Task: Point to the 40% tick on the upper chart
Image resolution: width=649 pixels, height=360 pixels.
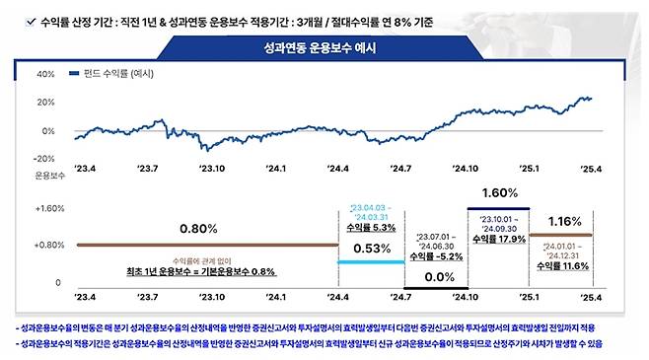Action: point(45,74)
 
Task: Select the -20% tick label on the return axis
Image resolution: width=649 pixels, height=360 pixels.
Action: point(44,159)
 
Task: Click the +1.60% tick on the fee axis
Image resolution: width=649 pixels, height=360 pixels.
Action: point(49,209)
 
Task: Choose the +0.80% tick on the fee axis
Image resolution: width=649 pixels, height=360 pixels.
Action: point(49,245)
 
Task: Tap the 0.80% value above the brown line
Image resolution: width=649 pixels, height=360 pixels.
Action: point(199,229)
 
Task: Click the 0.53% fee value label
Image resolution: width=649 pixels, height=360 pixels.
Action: point(371,248)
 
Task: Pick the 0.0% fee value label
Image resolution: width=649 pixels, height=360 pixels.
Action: point(435,277)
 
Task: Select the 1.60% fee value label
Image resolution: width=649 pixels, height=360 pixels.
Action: point(500,191)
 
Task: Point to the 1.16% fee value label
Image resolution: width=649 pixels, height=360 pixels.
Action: point(563,220)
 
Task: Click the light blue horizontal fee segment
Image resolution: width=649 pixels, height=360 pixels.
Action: point(371,261)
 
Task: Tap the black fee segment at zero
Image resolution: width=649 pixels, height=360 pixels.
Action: point(435,288)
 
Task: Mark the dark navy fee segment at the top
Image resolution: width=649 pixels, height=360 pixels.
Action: point(499,208)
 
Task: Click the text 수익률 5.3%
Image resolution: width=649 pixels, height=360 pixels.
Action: point(371,227)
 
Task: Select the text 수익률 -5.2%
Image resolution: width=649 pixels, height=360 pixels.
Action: point(435,255)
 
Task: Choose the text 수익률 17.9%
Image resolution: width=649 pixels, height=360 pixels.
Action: point(499,238)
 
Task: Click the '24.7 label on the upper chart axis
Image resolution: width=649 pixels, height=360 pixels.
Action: point(400,169)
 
